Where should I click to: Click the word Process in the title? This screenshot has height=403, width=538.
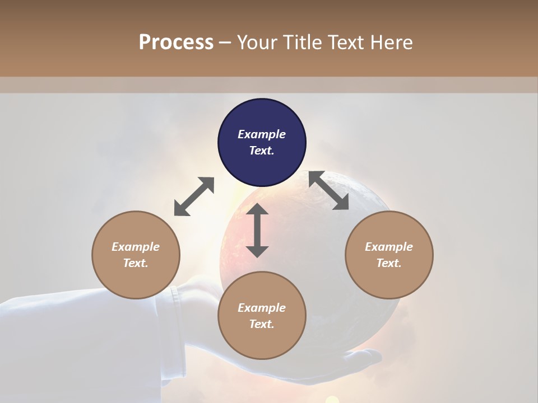point(176,43)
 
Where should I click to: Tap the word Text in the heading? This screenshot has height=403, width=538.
point(346,43)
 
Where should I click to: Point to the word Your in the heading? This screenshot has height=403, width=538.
point(256,43)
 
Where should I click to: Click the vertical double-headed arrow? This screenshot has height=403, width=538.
point(257,230)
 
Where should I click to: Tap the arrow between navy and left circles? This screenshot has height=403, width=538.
point(194,196)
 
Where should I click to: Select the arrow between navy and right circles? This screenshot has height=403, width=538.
point(329,190)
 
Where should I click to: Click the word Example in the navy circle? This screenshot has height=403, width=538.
point(262,134)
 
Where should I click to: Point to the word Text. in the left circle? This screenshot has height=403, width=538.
point(136,263)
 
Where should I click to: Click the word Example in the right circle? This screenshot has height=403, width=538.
point(389,247)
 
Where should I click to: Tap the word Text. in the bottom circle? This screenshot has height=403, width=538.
point(262,324)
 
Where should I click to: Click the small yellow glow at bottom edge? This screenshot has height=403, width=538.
point(332,400)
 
